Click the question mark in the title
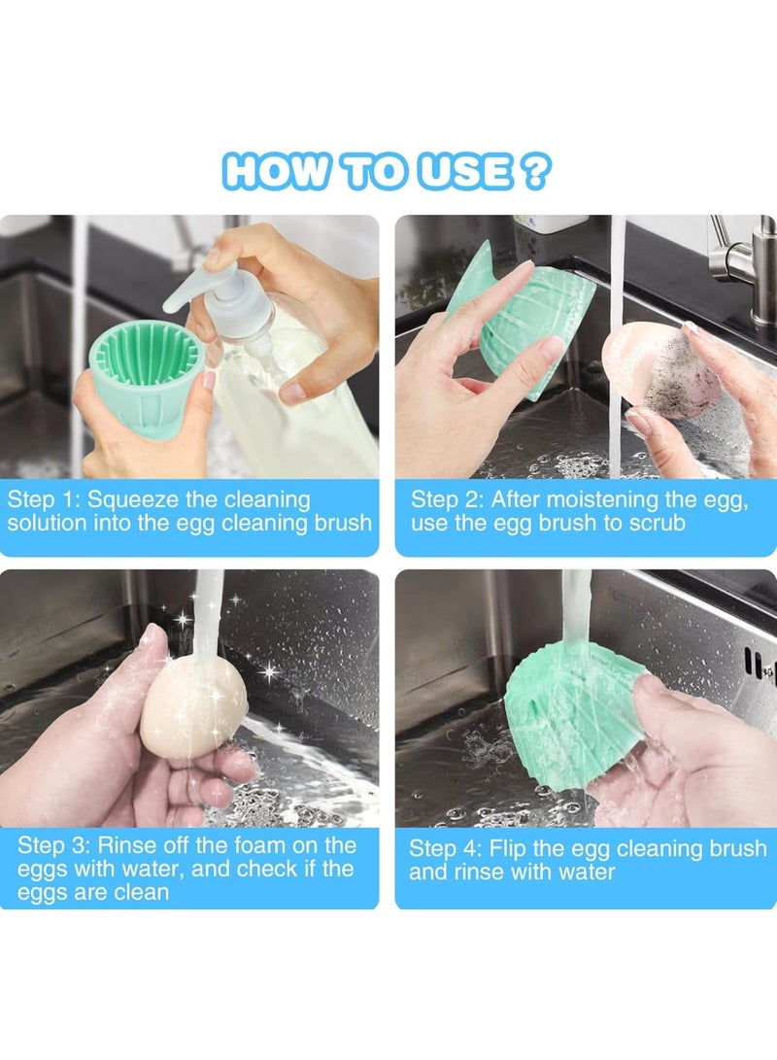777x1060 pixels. click(x=534, y=172)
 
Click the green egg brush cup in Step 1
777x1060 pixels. click(x=146, y=374)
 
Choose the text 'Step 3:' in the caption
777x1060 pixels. click(x=54, y=845)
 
